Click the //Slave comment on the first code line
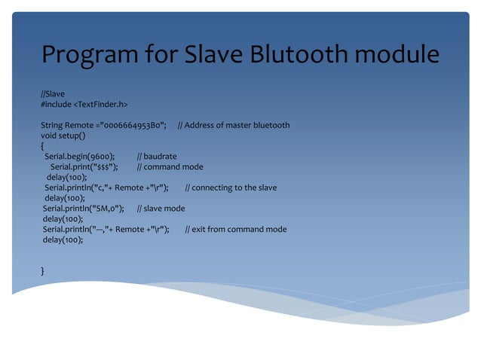pos(53,93)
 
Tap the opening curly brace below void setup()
pos(43,146)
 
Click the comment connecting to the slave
pos(234,188)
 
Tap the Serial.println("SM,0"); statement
pos(84,209)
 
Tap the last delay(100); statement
pos(63,239)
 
